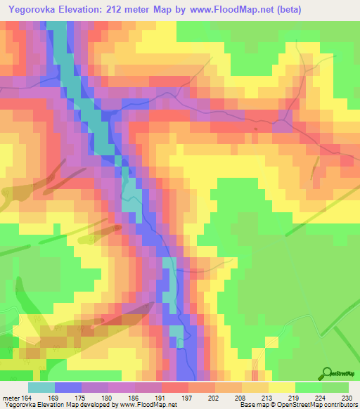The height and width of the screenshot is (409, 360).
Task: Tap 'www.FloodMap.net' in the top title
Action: (255, 8)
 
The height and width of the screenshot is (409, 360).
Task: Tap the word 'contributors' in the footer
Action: (340, 405)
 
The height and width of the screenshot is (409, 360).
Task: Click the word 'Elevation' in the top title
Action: (90, 8)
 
